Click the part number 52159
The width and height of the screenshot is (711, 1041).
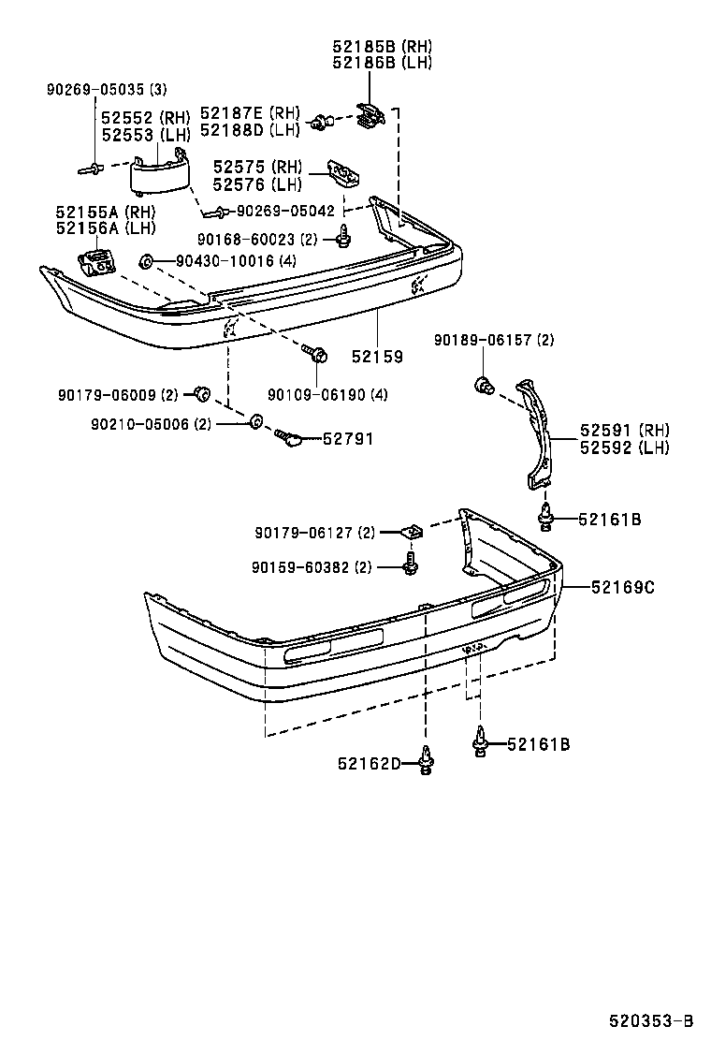tap(377, 357)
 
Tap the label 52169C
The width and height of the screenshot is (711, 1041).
tap(623, 588)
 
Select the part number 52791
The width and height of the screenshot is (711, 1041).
tap(348, 438)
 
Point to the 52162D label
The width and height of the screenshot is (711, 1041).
tap(370, 764)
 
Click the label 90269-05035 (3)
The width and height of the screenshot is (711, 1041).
tap(107, 90)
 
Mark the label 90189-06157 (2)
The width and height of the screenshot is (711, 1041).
tap(494, 341)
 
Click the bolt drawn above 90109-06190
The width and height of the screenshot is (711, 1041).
tap(315, 354)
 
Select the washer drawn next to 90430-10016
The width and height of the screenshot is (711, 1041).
tap(145, 260)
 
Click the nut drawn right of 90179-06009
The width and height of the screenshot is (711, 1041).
tap(199, 391)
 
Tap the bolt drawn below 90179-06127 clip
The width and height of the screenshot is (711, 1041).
tap(410, 564)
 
